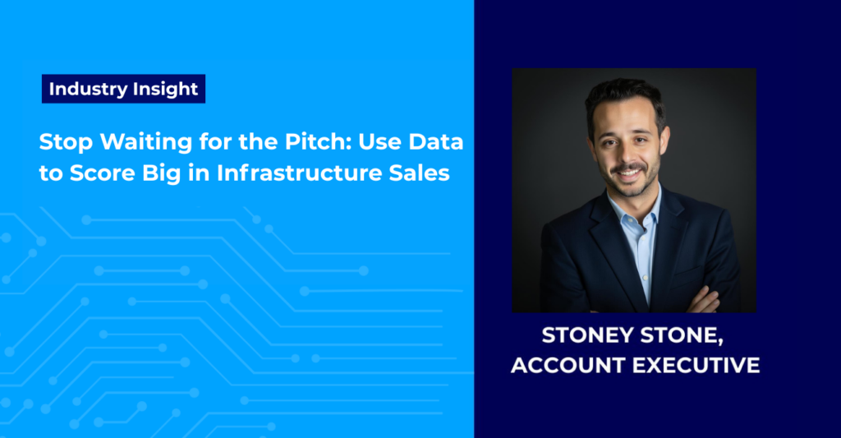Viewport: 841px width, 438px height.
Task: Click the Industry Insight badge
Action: coord(123,89)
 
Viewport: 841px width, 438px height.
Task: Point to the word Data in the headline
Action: coord(436,141)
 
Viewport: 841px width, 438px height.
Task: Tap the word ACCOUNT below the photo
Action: coord(568,366)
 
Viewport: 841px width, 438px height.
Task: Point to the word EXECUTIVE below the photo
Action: coord(696,366)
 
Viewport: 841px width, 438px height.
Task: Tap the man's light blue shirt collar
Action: coord(634,206)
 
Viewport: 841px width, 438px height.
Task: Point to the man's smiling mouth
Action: coord(628,173)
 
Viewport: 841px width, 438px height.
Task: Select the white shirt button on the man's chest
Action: coord(646,278)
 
